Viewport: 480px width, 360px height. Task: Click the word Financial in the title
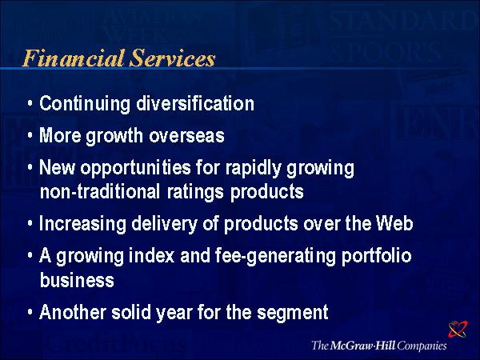(73, 58)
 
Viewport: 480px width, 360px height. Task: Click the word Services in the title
(172, 58)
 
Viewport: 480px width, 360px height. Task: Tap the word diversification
(195, 103)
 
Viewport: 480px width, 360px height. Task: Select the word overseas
(186, 136)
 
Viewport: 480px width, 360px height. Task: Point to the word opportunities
(136, 169)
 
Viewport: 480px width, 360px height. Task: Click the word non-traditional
(100, 192)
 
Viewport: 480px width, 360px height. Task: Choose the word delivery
(164, 224)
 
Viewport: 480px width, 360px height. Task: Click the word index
(151, 256)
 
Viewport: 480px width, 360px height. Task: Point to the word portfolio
(377, 257)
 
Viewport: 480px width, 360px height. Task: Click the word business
(77, 280)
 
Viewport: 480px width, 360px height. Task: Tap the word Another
(73, 312)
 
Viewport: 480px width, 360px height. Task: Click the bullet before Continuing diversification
(30, 103)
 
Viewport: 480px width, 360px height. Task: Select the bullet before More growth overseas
(30, 135)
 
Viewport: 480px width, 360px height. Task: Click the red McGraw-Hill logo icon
(458, 329)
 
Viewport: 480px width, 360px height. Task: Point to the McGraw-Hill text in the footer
(362, 346)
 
